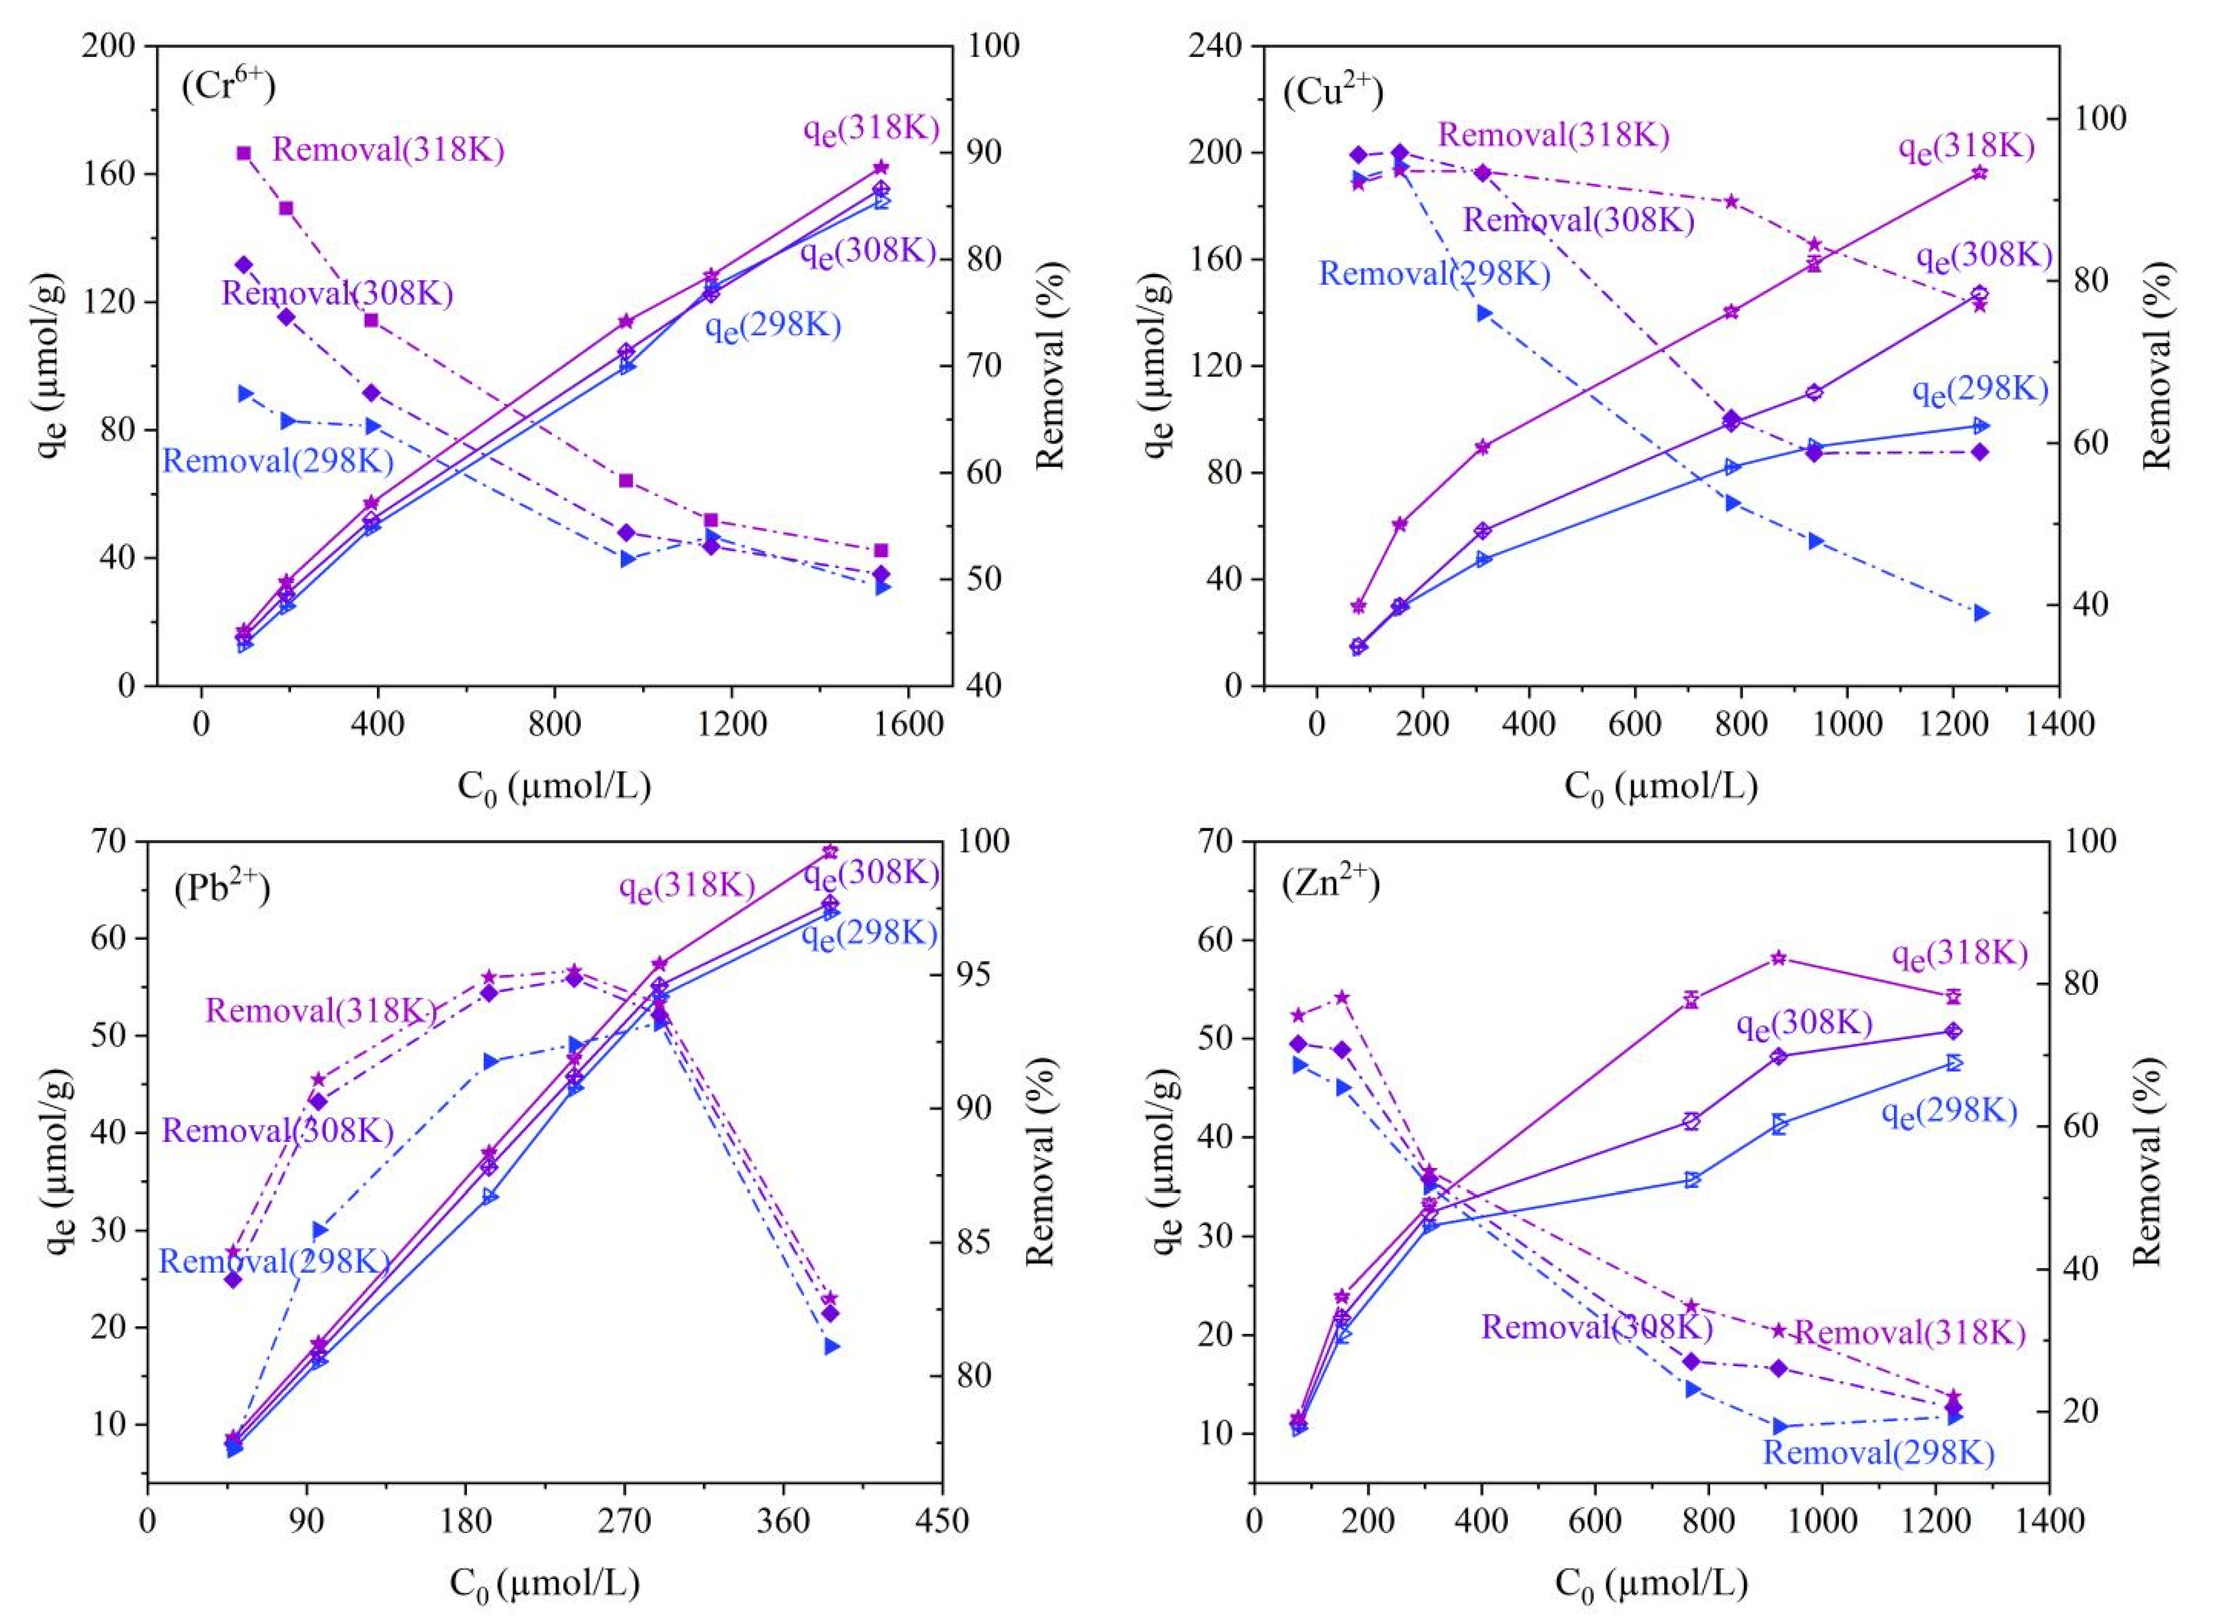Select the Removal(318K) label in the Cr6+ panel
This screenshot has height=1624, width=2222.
[x=388, y=151]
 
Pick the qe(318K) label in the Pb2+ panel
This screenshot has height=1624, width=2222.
[x=687, y=886]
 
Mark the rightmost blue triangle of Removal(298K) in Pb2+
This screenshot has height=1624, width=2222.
[x=831, y=1346]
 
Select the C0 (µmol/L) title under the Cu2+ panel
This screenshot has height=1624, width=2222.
[x=1661, y=786]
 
